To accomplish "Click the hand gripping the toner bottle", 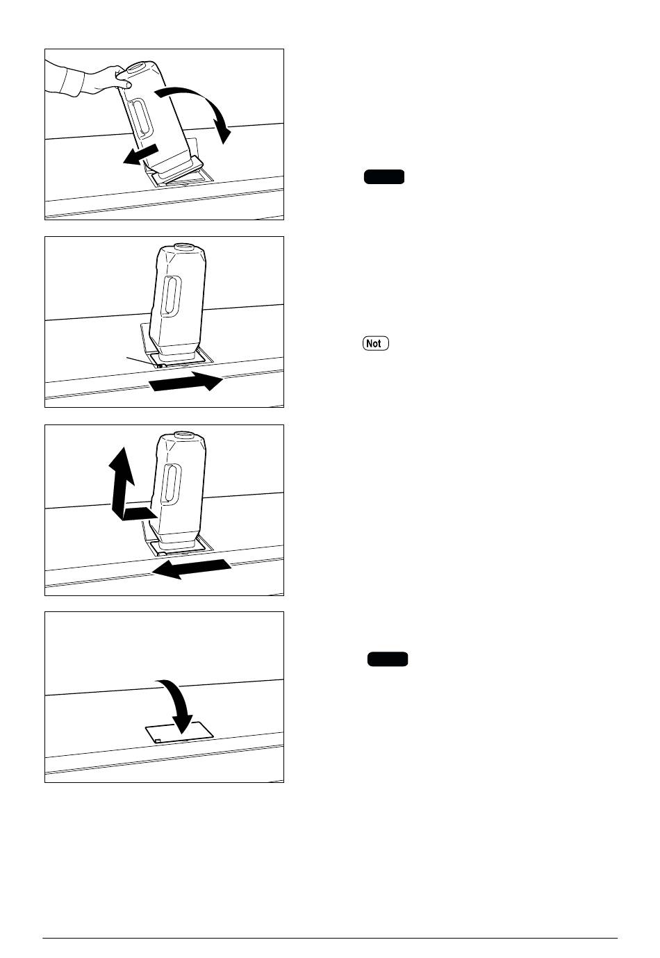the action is (x=108, y=79).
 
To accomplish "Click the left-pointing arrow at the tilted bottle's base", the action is (x=140, y=155).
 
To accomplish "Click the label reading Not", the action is (x=376, y=343).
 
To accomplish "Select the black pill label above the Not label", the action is (x=384, y=176).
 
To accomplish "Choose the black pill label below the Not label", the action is (x=388, y=659).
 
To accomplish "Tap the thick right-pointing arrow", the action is (x=186, y=381).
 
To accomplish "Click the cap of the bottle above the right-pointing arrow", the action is (x=184, y=247).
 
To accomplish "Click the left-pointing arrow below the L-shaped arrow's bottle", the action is (x=191, y=568).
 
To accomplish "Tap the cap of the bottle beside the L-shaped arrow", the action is (x=184, y=436).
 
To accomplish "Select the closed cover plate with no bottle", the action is (x=179, y=733).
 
